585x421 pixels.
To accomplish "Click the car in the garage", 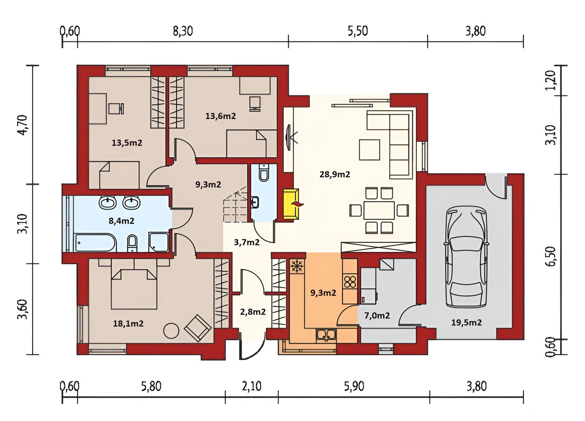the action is point(467,257).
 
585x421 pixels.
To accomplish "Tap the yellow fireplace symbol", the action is point(292,204).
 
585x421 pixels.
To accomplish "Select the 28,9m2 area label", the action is point(334,174).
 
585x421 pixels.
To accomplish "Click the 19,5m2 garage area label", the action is point(467,323).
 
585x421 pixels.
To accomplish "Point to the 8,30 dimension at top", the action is point(183,31).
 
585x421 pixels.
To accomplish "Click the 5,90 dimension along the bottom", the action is point(354,386).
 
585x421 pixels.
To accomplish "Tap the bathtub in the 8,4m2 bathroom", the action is point(96,243).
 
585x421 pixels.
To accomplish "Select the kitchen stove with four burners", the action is point(350,282).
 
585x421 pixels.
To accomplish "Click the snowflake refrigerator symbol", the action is point(296,266).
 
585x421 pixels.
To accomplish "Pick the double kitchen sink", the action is point(326,335).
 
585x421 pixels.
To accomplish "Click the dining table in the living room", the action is point(379,210).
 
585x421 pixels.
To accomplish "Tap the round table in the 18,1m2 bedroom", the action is point(171,331).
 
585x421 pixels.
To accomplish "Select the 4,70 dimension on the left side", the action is point(23,125).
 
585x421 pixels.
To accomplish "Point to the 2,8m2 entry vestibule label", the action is point(253,311).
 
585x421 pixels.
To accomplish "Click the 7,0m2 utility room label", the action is point(377,315).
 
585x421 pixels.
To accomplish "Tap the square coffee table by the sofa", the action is point(370,150).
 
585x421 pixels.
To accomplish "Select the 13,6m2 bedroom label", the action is point(220,115).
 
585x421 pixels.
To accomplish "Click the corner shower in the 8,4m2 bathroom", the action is point(158,242).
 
